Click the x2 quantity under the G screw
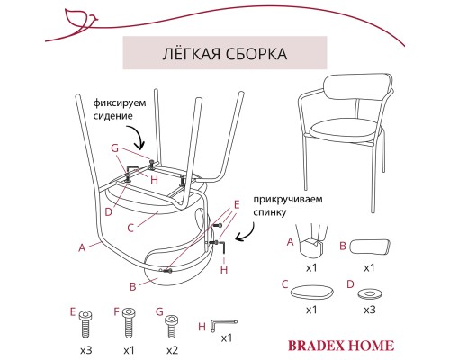[171, 348]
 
